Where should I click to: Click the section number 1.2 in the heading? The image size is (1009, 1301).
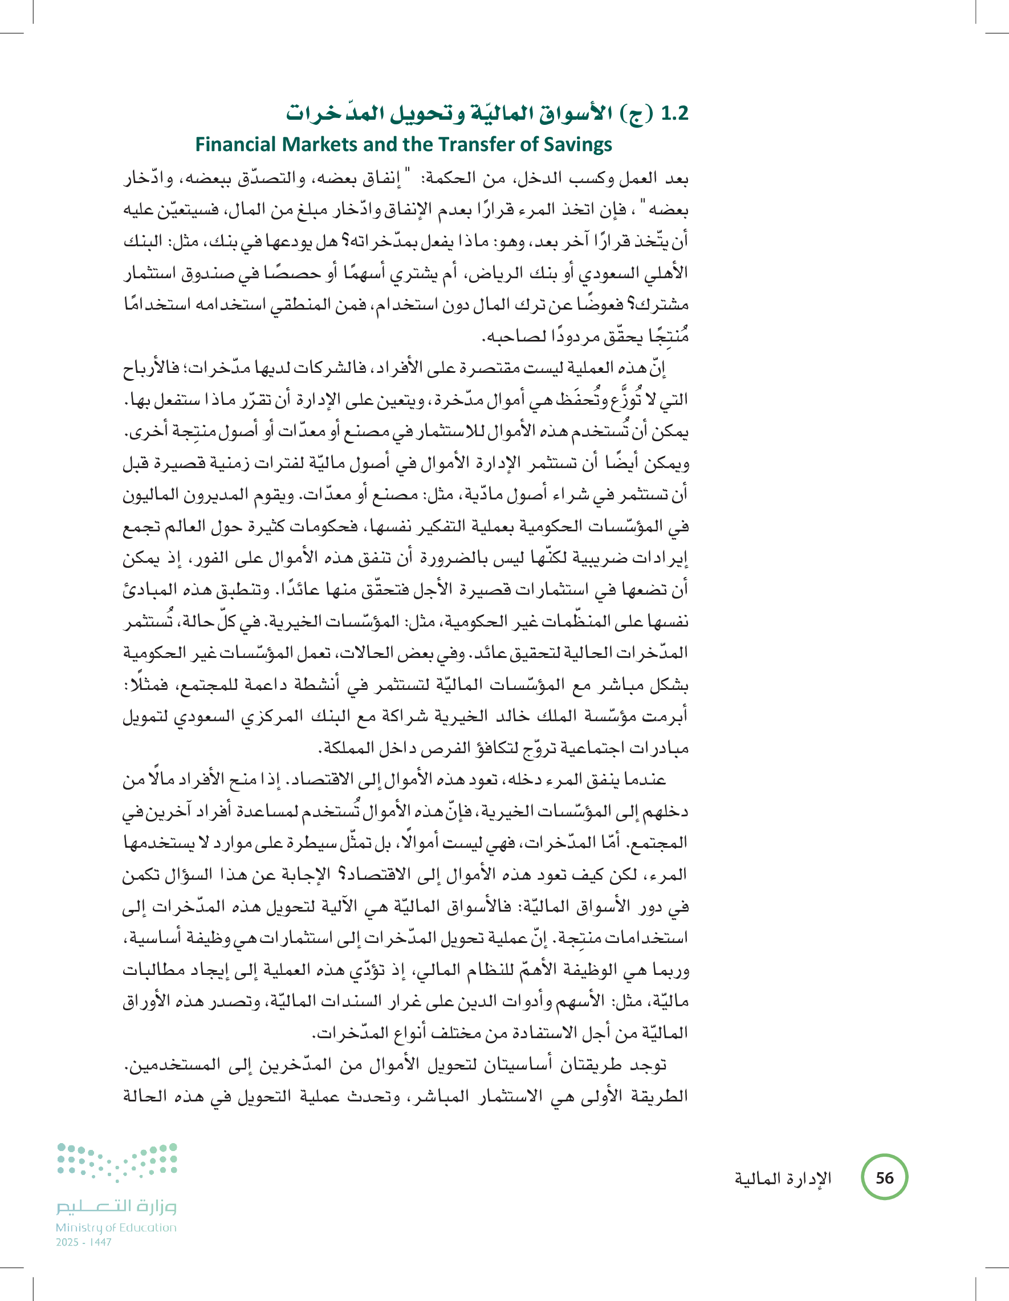[674, 113]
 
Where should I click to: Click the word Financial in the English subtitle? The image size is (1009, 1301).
[236, 145]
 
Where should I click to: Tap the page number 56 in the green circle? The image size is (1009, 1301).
[885, 1178]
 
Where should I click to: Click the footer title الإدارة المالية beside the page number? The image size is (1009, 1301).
[783, 1178]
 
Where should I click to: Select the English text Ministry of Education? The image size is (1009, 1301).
[116, 1227]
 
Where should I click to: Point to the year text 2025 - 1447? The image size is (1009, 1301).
[84, 1242]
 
